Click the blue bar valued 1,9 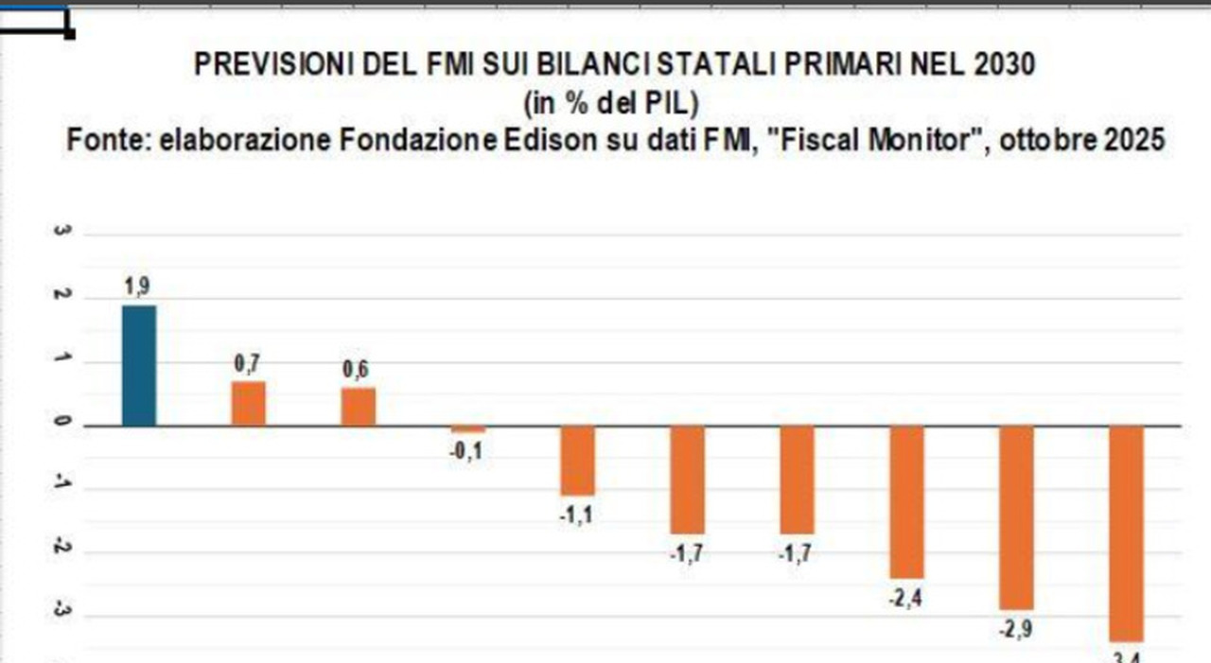pos(139,365)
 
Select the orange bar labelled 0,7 pos(249,404)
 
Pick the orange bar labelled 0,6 pos(359,407)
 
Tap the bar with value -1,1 pos(577,461)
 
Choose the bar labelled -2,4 pos(906,501)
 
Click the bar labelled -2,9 pos(1016,517)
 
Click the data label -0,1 pos(467,452)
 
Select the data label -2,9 pos(1016,629)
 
